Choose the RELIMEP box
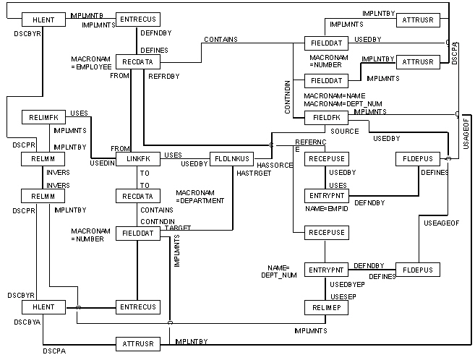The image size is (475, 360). [323, 308]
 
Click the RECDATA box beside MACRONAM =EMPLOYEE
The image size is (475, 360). [137, 62]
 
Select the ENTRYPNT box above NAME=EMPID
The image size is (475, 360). [323, 196]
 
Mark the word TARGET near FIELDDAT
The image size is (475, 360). [179, 226]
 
